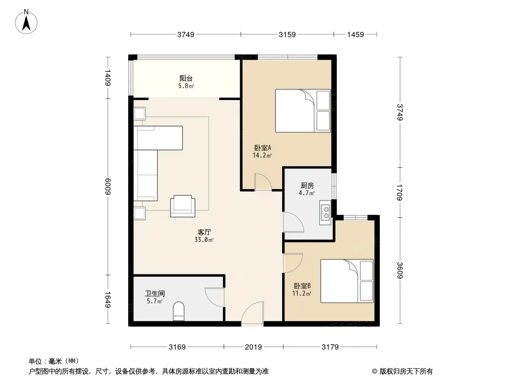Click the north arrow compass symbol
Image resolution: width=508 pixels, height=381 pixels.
tap(26, 22)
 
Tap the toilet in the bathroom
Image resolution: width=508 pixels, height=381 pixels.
tap(179, 311)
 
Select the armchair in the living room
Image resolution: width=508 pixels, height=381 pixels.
tap(183, 206)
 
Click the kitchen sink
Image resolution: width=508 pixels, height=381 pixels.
tap(325, 213)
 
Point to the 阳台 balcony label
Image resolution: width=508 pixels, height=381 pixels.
tap(186, 78)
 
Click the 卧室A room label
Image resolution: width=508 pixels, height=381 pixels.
tap(263, 148)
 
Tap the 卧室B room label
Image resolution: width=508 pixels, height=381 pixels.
tap(302, 286)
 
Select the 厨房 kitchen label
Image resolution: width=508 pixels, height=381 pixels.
tap(307, 185)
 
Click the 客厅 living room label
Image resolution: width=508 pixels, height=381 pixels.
tap(204, 232)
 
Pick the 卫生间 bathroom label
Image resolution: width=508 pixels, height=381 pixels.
tap(155, 293)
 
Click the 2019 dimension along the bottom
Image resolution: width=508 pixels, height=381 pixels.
tap(254, 347)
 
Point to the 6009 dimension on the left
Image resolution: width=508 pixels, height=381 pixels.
tap(108, 187)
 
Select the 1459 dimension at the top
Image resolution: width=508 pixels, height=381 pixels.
tap(356, 35)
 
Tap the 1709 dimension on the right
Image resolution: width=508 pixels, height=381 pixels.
tap(399, 192)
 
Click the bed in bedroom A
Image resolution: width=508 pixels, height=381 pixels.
tap(303, 110)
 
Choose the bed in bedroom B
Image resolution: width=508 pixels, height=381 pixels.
tap(347, 281)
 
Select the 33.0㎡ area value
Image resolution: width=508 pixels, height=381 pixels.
tap(204, 240)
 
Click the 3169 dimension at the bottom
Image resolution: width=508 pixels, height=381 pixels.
tap(177, 347)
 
